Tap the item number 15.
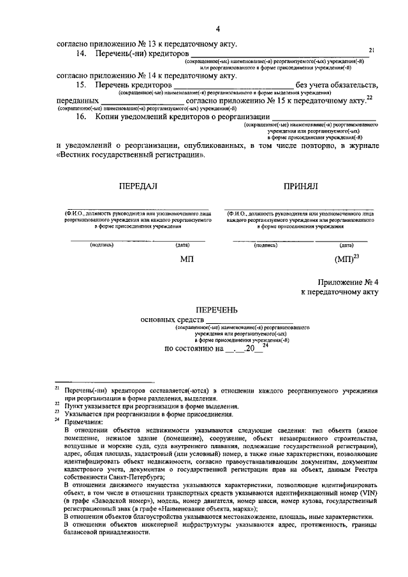[81, 85]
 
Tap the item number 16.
[81, 117]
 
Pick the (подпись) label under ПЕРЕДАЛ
[102, 245]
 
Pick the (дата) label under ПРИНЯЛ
[347, 245]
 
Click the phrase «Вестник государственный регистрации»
[132, 154]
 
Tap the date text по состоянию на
[194, 349]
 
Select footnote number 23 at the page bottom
[57, 413]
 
